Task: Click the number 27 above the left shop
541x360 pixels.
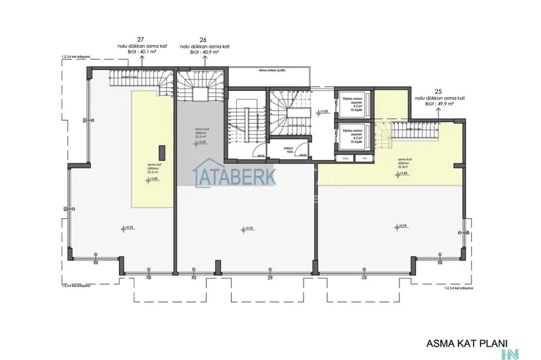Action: click(141, 39)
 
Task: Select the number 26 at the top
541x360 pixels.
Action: click(204, 39)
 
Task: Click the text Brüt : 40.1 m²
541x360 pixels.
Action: click(141, 52)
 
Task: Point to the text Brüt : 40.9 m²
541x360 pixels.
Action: click(204, 52)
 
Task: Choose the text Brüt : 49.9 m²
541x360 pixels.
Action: click(438, 106)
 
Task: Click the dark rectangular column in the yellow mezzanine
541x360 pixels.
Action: click(162, 153)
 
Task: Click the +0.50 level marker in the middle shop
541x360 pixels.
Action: click(247, 228)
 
